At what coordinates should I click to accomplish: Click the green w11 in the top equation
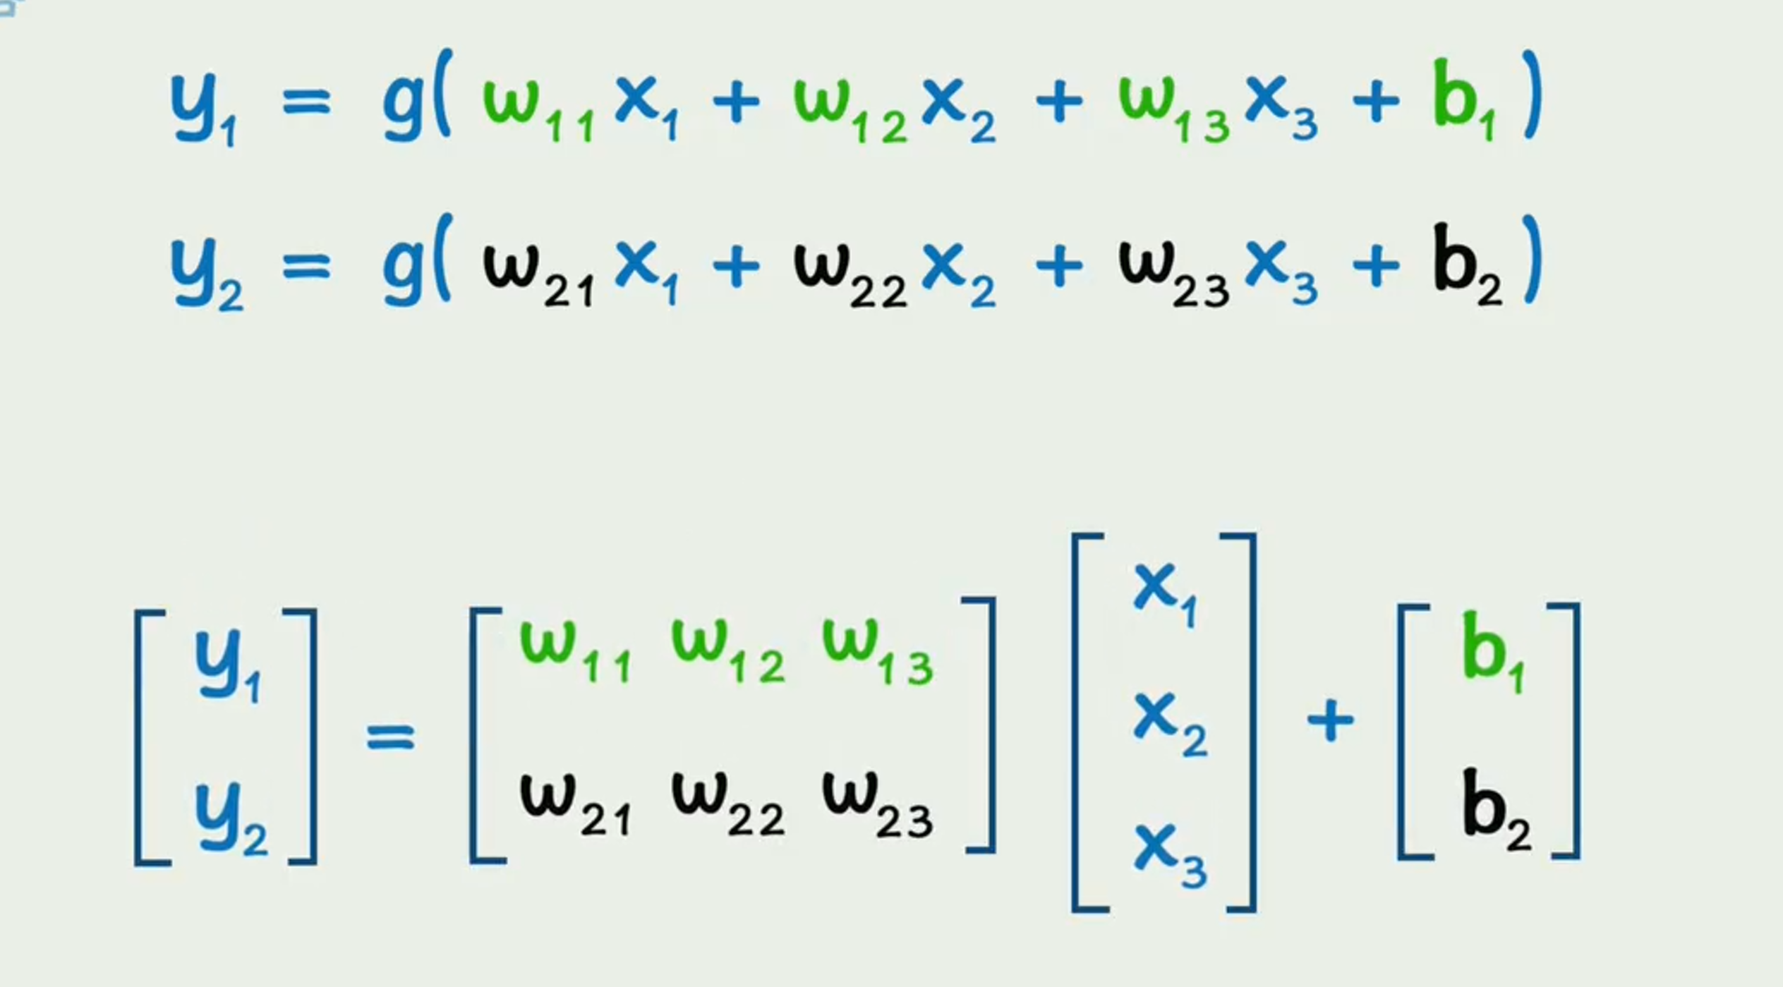pos(536,106)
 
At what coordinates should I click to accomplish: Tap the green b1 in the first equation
pos(1464,102)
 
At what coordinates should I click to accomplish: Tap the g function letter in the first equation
pos(402,106)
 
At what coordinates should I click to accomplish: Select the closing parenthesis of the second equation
pos(1531,261)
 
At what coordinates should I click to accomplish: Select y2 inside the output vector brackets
pos(229,818)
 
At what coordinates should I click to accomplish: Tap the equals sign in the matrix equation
pos(390,737)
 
